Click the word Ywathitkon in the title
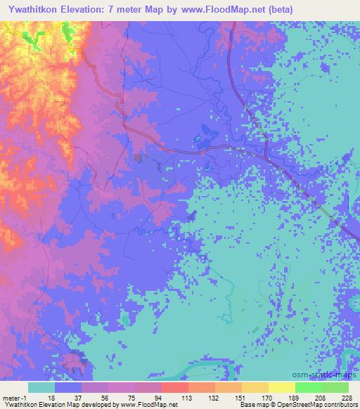35,9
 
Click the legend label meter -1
14,397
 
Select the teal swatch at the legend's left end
41,387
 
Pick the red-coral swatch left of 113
175,387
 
